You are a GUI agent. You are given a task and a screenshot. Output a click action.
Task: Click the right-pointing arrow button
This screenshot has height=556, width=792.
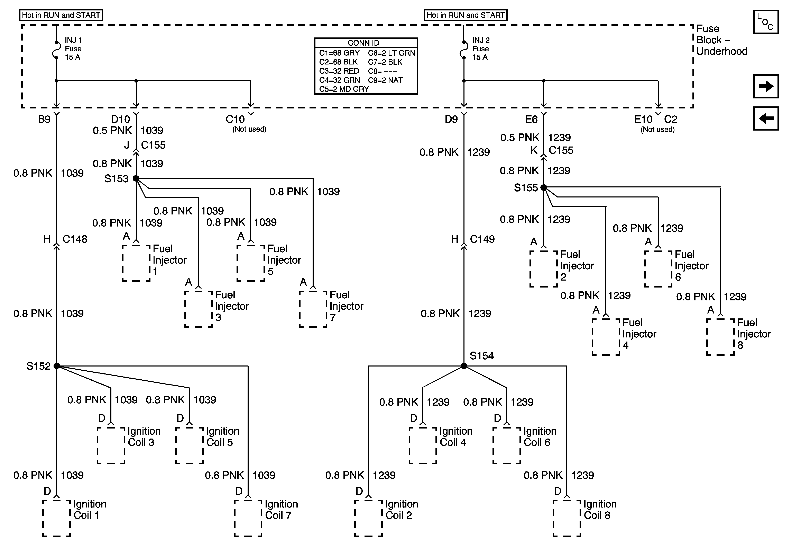coord(766,86)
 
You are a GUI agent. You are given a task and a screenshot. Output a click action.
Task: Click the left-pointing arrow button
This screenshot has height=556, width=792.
coord(766,118)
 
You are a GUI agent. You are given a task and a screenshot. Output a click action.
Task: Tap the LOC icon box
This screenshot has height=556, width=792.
coord(766,22)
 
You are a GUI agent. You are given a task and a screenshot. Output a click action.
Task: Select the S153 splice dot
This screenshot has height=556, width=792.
coord(136,178)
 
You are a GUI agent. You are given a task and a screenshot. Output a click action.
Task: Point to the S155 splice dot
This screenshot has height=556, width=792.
coord(544,187)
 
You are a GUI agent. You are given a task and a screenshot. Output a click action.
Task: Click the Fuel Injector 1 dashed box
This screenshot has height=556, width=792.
coord(136,263)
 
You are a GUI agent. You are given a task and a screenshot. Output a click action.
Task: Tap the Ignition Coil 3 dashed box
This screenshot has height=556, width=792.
coord(111,445)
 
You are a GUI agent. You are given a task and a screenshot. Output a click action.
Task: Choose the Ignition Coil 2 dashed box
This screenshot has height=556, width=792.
coord(368,518)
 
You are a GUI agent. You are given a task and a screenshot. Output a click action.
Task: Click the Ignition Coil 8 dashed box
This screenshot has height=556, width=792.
coord(567,518)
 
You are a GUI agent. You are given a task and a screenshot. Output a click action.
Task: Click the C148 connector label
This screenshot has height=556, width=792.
coord(75,239)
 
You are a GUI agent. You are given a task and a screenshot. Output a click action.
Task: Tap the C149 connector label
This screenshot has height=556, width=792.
coord(482,239)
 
